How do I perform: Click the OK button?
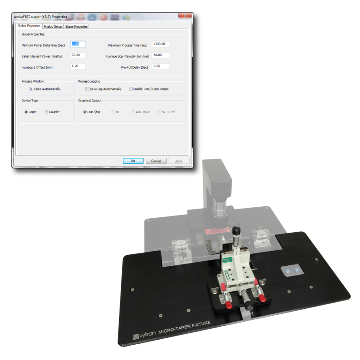click(133, 161)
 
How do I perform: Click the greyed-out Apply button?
click(179, 161)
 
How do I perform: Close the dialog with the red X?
click(185, 16)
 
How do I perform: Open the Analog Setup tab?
click(53, 26)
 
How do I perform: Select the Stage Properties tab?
click(76, 26)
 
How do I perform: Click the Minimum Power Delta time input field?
click(78, 44)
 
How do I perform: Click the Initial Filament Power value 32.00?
click(78, 55)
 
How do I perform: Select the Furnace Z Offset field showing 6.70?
click(78, 66)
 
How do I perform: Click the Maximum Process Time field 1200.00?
click(161, 44)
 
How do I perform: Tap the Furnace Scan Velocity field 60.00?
click(161, 55)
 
